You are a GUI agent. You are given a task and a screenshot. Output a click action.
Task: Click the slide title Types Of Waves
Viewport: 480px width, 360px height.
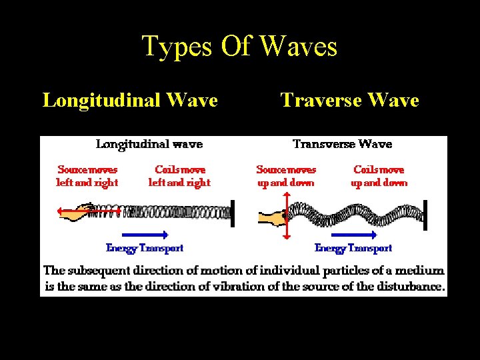pyautogui.click(x=239, y=47)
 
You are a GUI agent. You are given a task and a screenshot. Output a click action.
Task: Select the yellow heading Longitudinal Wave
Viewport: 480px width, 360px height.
pyautogui.click(x=130, y=100)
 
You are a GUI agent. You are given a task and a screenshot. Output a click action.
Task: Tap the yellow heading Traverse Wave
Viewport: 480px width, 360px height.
pyautogui.click(x=349, y=100)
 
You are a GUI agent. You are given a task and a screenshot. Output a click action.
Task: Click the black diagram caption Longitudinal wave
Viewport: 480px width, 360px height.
pyautogui.click(x=149, y=144)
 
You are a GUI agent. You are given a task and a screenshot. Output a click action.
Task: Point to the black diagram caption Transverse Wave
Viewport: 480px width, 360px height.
pyautogui.click(x=343, y=144)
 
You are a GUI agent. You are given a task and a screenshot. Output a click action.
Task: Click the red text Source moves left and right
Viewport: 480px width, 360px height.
pyautogui.click(x=87, y=176)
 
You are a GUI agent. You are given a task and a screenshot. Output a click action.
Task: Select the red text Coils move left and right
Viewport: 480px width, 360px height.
pyautogui.click(x=179, y=176)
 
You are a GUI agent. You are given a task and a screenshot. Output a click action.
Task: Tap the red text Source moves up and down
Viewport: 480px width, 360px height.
pyautogui.click(x=286, y=176)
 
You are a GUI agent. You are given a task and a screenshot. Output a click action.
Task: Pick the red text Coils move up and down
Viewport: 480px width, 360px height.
pyautogui.click(x=379, y=176)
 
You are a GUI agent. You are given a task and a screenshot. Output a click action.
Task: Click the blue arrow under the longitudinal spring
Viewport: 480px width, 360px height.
pyautogui.click(x=145, y=234)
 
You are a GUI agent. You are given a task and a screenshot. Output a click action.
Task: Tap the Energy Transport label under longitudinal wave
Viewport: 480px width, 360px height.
pyautogui.click(x=145, y=248)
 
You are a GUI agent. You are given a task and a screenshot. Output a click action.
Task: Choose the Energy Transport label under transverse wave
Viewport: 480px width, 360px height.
pyautogui.click(x=353, y=248)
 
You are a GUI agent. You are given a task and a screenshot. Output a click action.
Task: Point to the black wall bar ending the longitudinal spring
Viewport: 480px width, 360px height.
pyautogui.click(x=232, y=210)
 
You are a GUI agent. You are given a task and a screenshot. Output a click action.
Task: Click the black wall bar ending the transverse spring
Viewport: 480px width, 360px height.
pyautogui.click(x=425, y=214)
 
